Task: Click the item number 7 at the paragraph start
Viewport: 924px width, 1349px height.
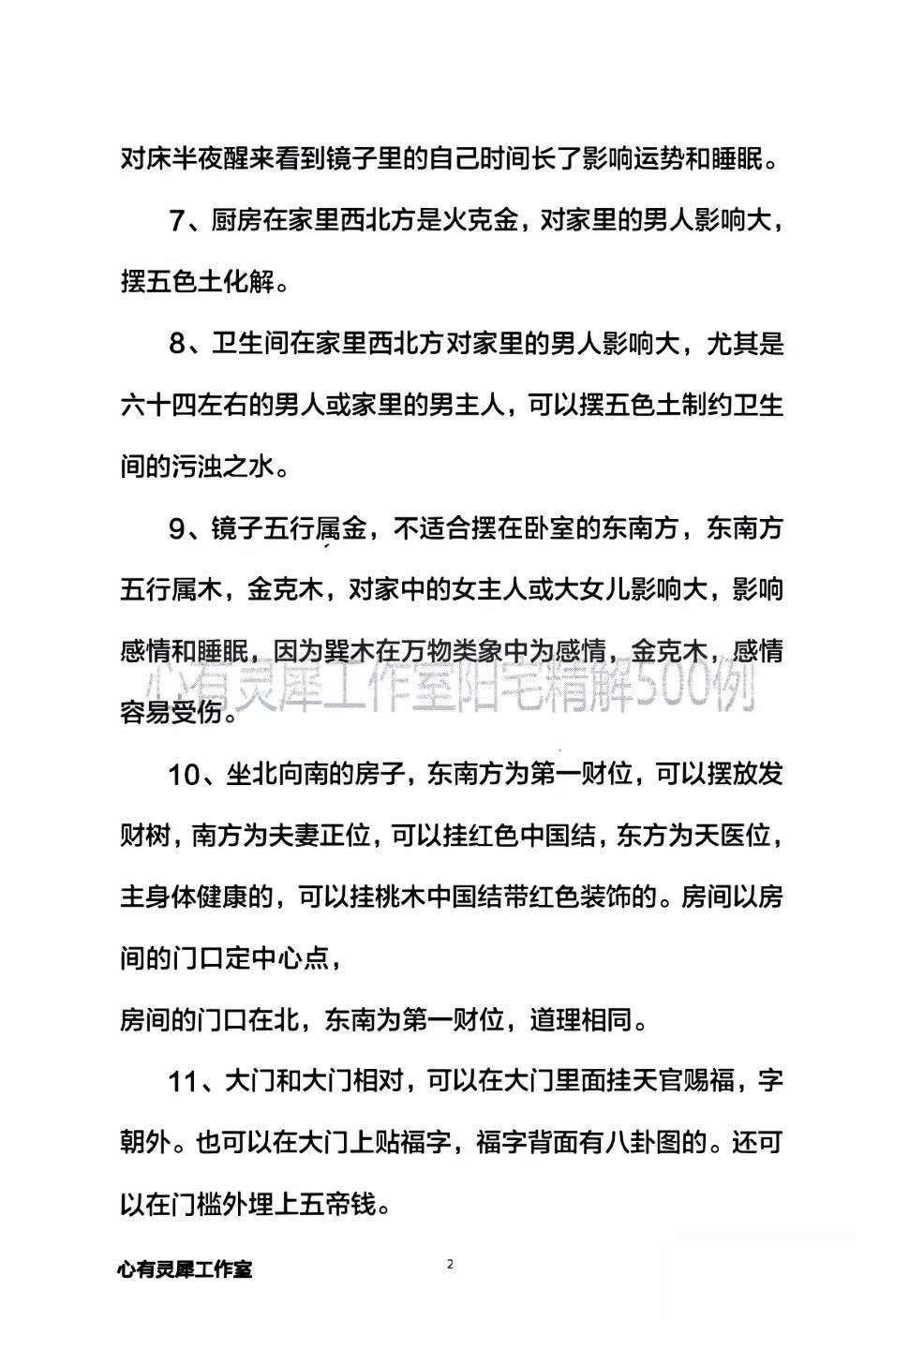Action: point(180,221)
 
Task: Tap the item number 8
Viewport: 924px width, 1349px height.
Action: point(180,344)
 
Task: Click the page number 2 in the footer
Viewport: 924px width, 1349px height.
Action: point(450,1265)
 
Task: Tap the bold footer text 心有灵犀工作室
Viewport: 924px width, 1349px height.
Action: point(185,1270)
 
